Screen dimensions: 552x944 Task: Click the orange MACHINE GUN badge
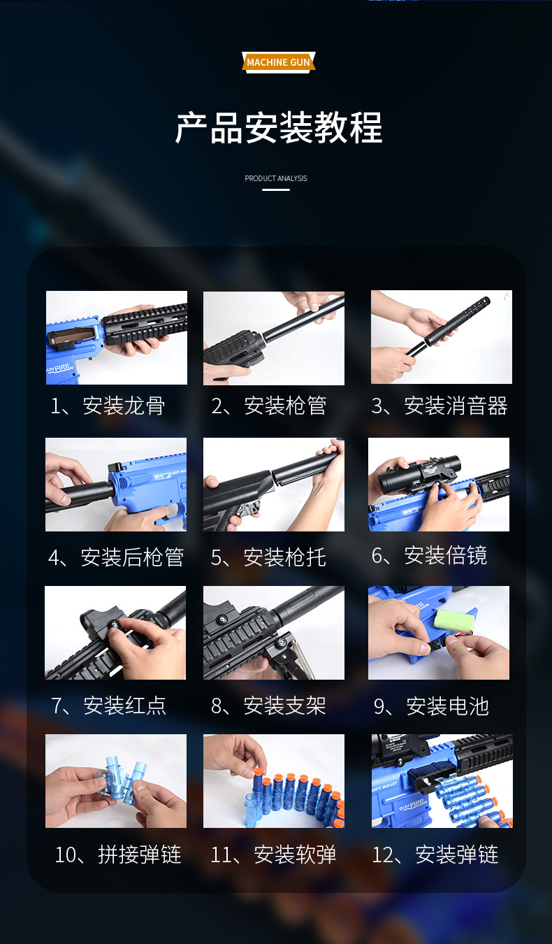(278, 62)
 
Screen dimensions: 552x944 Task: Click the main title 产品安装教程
(279, 128)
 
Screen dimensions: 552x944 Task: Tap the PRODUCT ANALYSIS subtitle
(276, 178)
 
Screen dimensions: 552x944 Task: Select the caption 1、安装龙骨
(108, 406)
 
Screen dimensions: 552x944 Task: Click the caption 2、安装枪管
(268, 406)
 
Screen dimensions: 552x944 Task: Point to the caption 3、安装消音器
(440, 406)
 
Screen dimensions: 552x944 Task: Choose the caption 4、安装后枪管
(116, 557)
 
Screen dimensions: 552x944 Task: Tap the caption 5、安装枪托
(268, 557)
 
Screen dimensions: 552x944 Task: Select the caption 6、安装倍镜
(429, 555)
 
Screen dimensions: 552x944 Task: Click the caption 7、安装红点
(108, 706)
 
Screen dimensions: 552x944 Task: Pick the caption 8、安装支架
(268, 706)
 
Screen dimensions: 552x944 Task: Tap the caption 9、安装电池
(431, 706)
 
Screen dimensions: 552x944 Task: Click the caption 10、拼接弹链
(118, 854)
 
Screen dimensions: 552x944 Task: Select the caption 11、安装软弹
(273, 854)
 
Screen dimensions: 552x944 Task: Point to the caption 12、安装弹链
(435, 854)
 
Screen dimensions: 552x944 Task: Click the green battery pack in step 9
(454, 620)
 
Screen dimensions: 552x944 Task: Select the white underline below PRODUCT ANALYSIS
(276, 189)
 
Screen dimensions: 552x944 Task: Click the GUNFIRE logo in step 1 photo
(59, 369)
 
